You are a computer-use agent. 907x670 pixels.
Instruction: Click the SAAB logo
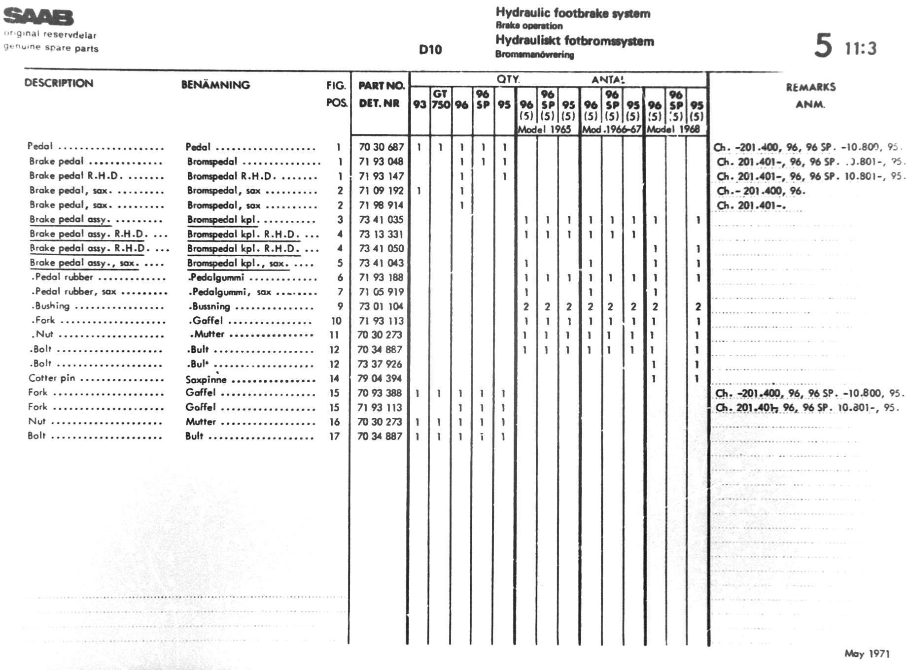38,17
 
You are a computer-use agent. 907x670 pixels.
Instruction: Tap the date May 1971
867,654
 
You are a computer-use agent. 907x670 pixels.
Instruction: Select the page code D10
430,50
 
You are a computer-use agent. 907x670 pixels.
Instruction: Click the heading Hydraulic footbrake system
573,13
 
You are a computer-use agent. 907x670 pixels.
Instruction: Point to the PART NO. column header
381,86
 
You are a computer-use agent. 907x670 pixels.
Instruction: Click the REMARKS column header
810,88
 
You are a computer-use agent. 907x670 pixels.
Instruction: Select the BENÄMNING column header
215,85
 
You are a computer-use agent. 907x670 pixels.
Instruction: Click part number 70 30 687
381,147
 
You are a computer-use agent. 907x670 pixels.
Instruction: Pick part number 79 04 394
380,378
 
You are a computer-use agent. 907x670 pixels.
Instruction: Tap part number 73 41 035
381,220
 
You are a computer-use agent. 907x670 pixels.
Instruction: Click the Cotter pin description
52,378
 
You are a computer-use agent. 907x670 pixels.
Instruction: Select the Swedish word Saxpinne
206,379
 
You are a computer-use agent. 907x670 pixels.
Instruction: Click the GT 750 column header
440,99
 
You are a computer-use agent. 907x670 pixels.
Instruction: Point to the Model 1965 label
544,130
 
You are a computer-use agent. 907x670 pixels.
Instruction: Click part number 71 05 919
381,292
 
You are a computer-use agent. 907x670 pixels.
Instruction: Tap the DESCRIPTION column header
59,83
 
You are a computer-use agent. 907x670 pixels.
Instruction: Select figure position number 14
334,378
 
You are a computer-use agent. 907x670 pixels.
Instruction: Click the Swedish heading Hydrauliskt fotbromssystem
575,41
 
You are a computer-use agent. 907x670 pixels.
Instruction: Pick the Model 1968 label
673,130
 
